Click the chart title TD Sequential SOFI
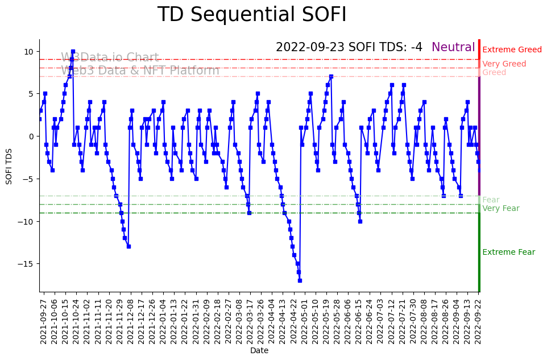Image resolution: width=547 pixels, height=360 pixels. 252,15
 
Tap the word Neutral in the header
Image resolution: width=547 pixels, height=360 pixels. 453,48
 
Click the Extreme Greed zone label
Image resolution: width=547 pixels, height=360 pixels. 512,50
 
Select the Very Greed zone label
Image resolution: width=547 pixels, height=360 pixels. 504,64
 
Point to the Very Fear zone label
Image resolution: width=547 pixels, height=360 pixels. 500,209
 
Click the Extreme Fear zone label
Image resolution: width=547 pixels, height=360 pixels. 508,253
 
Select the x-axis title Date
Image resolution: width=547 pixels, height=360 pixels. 259,351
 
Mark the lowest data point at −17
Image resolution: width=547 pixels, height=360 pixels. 300,280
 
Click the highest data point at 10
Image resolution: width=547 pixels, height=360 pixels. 73,51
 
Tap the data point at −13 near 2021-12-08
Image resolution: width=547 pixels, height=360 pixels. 129,246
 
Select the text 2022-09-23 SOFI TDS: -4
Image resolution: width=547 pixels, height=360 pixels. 349,48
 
